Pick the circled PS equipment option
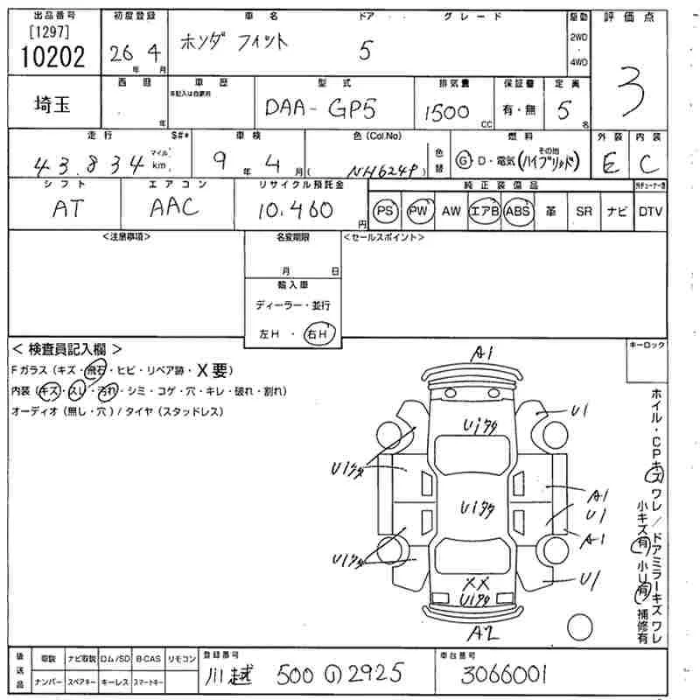pos(384,211)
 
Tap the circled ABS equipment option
pos(519,211)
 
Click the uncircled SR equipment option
pos(584,211)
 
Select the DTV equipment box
pos(649,211)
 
